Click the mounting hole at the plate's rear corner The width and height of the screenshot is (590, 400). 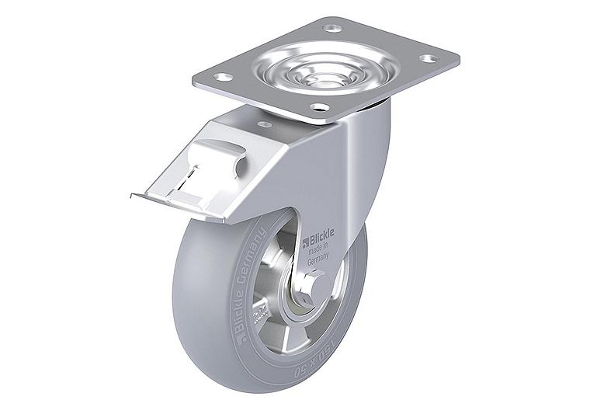pos(332,28)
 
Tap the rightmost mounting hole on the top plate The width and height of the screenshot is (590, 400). pos(425,57)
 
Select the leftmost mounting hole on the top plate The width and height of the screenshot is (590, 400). pos(223,77)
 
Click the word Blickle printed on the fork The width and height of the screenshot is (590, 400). pos(319,231)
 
